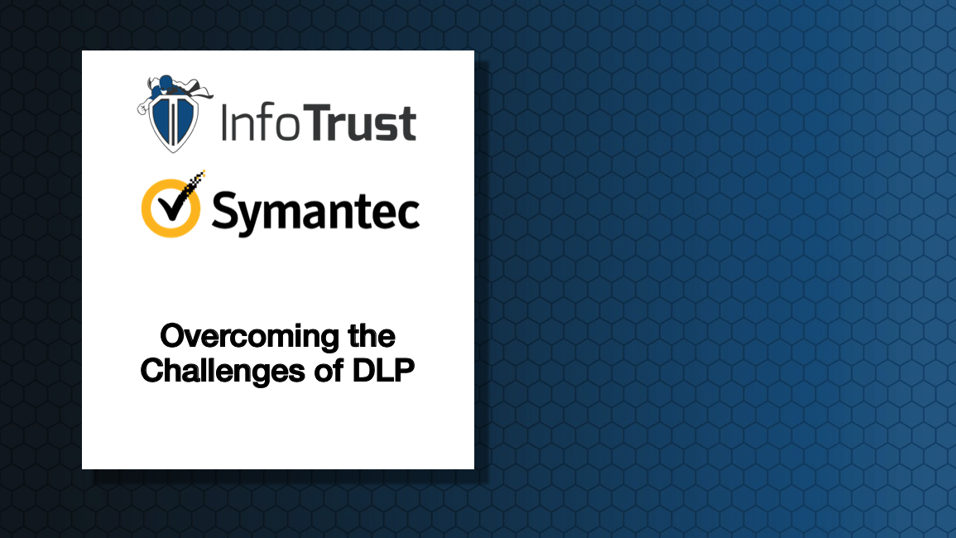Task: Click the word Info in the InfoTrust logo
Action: coord(261,122)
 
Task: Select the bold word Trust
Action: coord(360,122)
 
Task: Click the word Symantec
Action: coord(316,214)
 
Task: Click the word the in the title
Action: coord(372,336)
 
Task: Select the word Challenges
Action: coord(223,371)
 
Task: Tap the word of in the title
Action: coord(329,370)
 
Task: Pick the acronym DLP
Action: coord(383,370)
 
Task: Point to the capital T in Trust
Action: coord(318,122)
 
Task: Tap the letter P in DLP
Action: coord(404,370)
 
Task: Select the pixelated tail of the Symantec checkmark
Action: coord(195,180)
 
